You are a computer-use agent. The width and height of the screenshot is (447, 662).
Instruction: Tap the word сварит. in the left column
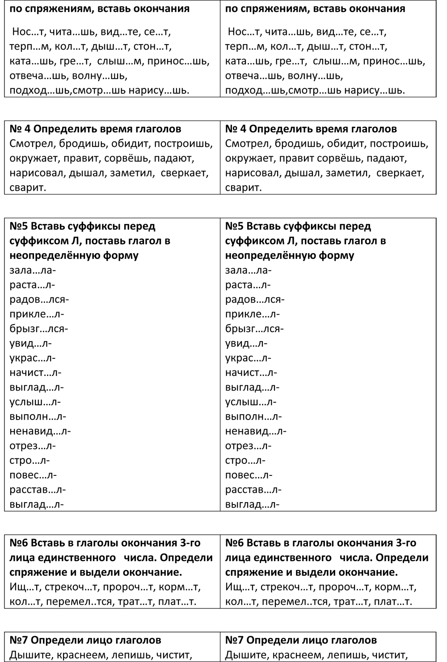[x=28, y=187]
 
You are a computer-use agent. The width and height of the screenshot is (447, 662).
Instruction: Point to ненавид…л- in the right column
[x=256, y=431]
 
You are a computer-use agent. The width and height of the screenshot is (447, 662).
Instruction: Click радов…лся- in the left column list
[x=39, y=300]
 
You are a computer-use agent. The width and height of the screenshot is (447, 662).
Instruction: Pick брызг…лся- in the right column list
[x=254, y=329]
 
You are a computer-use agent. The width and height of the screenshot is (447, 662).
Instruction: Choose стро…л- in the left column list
[x=30, y=461]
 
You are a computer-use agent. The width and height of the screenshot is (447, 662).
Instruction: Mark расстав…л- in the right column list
[x=253, y=490]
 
